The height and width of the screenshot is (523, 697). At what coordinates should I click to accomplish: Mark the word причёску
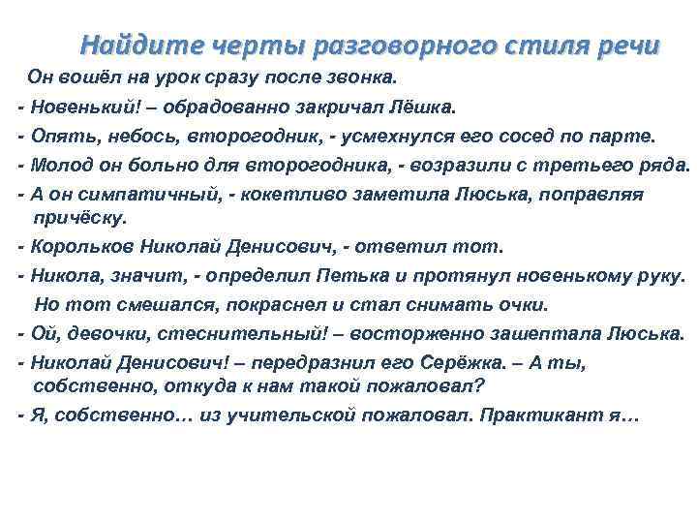(79, 217)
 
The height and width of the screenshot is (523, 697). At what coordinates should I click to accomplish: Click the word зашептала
(548, 333)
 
